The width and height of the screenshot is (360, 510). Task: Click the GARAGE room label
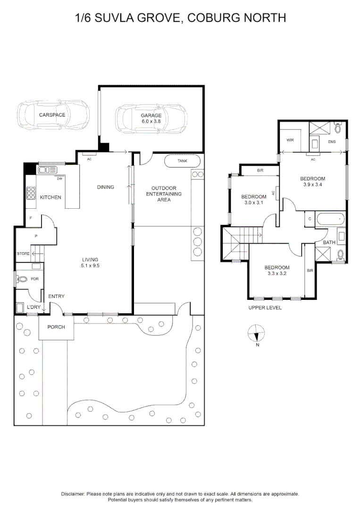[151, 116]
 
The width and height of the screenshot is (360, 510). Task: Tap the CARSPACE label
[52, 115]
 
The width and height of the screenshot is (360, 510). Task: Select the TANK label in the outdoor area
[182, 161]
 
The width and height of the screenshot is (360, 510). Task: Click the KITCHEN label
[50, 197]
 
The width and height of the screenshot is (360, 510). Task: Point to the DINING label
[106, 187]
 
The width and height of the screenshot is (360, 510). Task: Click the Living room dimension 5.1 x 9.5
[91, 265]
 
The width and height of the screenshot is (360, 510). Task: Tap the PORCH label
[56, 327]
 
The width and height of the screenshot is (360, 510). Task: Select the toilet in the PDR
[23, 279]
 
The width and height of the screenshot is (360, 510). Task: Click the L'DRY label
[34, 307]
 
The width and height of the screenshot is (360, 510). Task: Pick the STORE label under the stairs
[24, 254]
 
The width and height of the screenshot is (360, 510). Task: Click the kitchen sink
[48, 170]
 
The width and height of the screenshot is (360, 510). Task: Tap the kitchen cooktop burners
[31, 193]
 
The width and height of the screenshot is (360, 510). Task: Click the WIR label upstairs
[290, 140]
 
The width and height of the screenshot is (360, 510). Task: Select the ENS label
[332, 142]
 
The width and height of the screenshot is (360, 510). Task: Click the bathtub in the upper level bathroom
[330, 219]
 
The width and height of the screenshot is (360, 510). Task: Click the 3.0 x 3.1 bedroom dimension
[254, 203]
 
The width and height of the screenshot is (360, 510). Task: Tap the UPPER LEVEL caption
[265, 308]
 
